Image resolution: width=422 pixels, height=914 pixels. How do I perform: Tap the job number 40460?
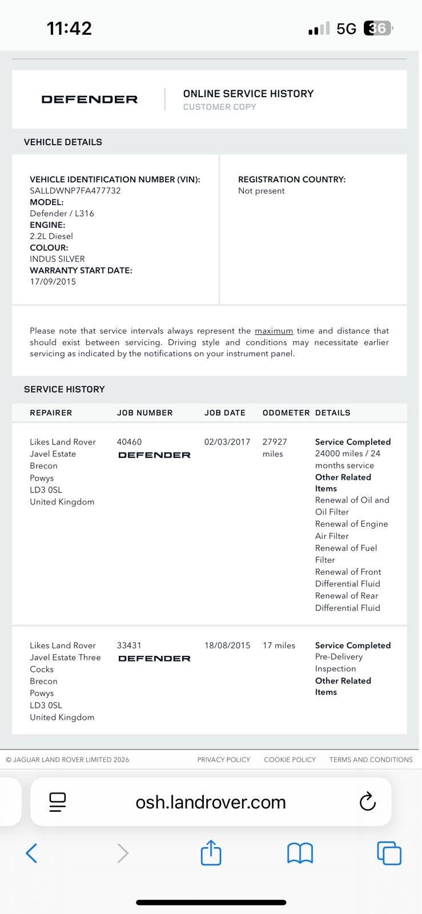(x=129, y=442)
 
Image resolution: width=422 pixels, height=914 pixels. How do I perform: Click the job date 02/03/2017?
(x=227, y=442)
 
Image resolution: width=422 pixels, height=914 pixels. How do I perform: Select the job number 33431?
(x=129, y=645)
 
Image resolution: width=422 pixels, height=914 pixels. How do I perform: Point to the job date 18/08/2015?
(x=227, y=645)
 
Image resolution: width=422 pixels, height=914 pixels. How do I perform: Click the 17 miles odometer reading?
(x=279, y=645)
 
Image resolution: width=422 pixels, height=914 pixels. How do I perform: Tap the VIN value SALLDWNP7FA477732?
(x=75, y=191)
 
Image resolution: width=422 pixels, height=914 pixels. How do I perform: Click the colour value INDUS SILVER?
(x=57, y=259)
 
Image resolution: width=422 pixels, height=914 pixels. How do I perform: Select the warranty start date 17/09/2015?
(x=53, y=282)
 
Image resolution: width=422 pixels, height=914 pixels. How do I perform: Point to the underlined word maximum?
(x=274, y=331)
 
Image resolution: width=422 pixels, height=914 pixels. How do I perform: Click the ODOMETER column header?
(x=286, y=412)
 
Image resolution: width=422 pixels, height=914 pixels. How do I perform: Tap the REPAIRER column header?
(x=51, y=412)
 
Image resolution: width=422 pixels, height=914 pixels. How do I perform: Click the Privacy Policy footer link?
(x=224, y=760)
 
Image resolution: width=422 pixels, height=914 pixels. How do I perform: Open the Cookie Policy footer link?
(x=290, y=760)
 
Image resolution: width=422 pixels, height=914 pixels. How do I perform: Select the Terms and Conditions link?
(x=371, y=760)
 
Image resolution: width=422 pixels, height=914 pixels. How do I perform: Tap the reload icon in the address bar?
(x=367, y=801)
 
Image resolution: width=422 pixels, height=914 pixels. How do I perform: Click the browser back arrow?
(x=32, y=853)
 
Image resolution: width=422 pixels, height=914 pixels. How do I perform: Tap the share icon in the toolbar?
(x=211, y=853)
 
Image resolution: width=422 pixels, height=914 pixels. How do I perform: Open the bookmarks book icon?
(x=300, y=853)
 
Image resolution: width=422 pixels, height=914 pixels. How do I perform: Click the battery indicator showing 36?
(x=378, y=28)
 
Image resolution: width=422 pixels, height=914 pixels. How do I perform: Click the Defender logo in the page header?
(x=90, y=99)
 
